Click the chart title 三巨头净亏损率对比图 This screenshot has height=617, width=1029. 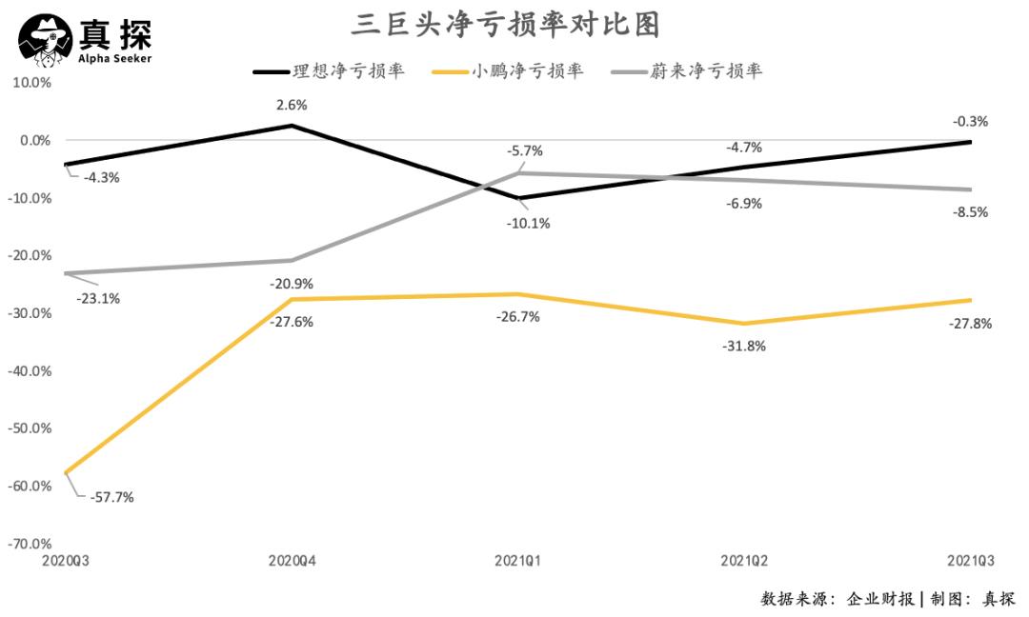[505, 25]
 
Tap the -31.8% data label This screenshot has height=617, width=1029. [744, 346]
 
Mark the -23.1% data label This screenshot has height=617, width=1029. [98, 298]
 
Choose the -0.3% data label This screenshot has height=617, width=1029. [970, 121]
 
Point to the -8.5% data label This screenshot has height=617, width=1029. [970, 212]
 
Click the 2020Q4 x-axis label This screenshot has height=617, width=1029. [293, 561]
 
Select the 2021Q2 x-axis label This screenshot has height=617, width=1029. [744, 561]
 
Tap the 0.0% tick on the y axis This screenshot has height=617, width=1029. [31, 141]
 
